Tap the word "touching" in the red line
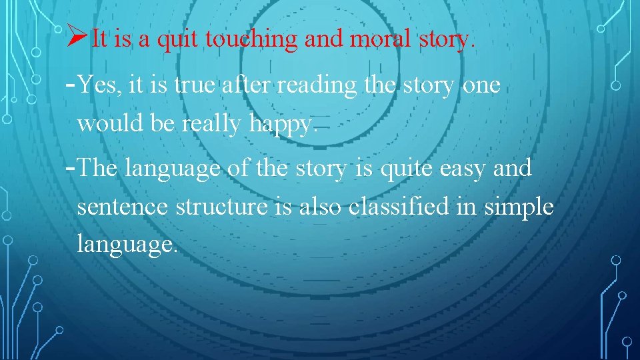[252, 39]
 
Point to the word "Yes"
[98, 86]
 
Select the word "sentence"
[123, 207]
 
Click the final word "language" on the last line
[127, 245]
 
